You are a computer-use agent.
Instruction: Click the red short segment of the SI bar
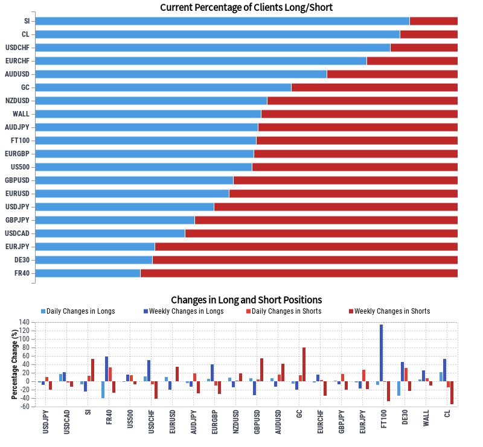(x=433, y=21)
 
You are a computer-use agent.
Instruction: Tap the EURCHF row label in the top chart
(x=18, y=61)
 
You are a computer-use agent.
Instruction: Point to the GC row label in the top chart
(x=25, y=87)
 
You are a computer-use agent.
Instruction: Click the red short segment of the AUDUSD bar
(x=392, y=74)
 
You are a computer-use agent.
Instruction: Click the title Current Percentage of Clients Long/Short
(x=246, y=8)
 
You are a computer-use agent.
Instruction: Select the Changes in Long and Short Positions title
(x=246, y=300)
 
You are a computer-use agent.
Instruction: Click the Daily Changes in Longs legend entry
(x=78, y=311)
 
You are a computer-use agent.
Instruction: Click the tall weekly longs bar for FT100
(x=382, y=353)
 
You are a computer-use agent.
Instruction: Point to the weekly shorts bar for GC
(x=304, y=364)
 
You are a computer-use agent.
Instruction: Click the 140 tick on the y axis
(x=24, y=322)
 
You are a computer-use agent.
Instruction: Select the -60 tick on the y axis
(x=24, y=407)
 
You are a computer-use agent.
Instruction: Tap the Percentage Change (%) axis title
(x=14, y=364)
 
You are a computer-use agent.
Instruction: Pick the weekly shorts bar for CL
(x=452, y=393)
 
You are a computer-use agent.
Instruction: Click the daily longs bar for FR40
(x=103, y=390)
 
